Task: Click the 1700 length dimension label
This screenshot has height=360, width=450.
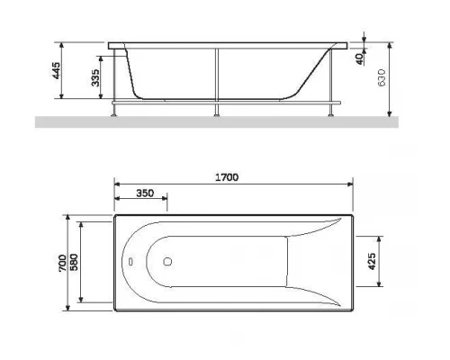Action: pyautogui.click(x=226, y=177)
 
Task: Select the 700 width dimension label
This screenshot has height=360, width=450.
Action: pyautogui.click(x=60, y=263)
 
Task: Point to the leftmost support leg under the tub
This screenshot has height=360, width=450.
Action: pyautogui.click(x=115, y=108)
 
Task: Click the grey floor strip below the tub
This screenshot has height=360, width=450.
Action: pyautogui.click(x=225, y=121)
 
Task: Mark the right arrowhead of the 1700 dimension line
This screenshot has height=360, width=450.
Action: pyautogui.click(x=350, y=185)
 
